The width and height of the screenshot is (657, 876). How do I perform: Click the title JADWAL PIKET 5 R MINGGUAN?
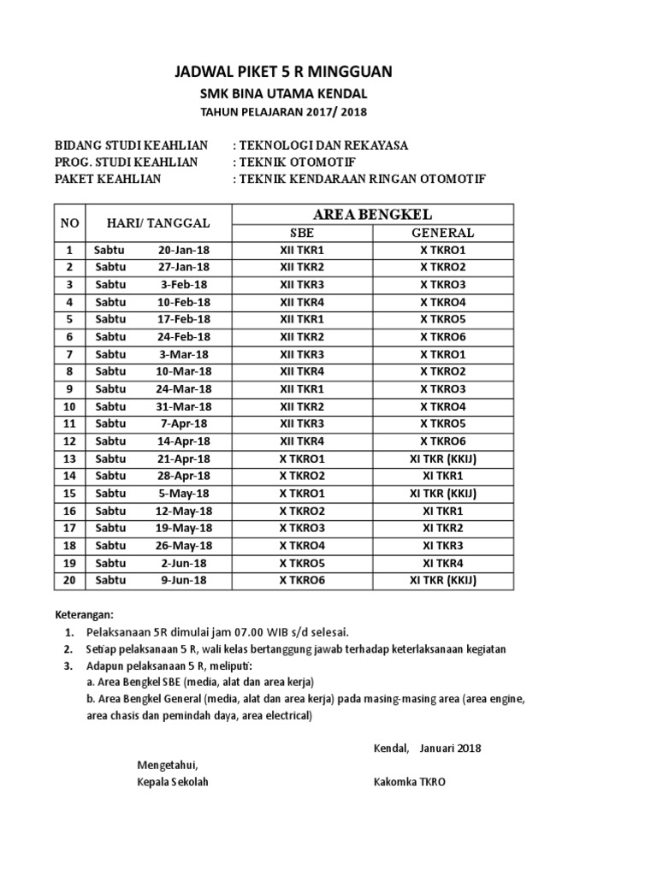click(x=284, y=72)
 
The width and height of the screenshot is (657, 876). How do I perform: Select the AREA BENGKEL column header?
click(x=372, y=213)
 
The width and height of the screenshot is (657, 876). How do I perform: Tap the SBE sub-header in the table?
click(x=302, y=233)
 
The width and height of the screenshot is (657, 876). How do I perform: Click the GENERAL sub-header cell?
click(x=442, y=233)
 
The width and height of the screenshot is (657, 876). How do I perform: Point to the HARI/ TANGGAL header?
click(x=158, y=223)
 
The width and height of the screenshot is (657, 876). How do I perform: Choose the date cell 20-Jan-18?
click(x=183, y=250)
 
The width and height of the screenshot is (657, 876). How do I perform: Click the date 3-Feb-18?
click(x=183, y=285)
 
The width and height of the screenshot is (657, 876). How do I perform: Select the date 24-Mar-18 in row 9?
click(x=183, y=389)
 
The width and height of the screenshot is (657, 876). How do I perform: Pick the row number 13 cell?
click(x=70, y=459)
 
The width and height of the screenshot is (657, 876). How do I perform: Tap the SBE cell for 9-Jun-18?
click(x=302, y=580)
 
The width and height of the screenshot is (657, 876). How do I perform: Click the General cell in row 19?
click(x=442, y=563)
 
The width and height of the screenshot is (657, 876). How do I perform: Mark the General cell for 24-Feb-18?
click(x=442, y=337)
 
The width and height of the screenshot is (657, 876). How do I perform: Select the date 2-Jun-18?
click(x=183, y=563)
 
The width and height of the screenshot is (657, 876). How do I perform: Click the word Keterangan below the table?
click(x=85, y=614)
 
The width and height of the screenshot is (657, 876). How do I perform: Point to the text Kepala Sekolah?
click(x=173, y=782)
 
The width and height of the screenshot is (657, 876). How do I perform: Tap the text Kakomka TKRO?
click(x=410, y=782)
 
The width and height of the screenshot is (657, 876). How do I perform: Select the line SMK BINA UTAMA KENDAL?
click(x=284, y=94)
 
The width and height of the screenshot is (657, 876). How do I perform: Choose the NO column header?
click(x=70, y=223)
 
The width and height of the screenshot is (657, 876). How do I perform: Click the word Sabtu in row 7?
click(x=110, y=354)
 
